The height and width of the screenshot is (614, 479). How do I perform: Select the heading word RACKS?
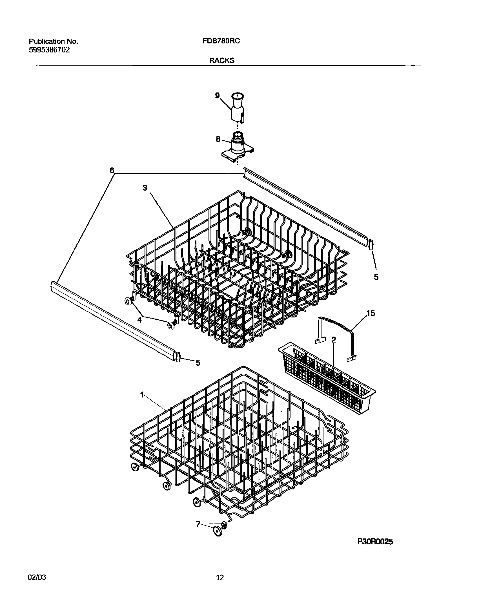(x=221, y=60)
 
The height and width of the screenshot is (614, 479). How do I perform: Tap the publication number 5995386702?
(x=49, y=50)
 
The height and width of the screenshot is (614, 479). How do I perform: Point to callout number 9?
(x=217, y=96)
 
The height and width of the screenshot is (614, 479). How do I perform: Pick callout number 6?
(x=112, y=170)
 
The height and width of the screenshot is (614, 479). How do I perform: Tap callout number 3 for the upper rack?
(x=145, y=188)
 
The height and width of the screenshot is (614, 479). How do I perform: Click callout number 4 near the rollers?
(x=139, y=320)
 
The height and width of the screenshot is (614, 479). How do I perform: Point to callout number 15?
(x=371, y=313)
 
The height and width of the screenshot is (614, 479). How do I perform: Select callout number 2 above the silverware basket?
(x=334, y=340)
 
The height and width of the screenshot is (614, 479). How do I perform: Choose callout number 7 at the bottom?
(x=198, y=524)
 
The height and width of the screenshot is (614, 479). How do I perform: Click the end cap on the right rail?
(x=371, y=244)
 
